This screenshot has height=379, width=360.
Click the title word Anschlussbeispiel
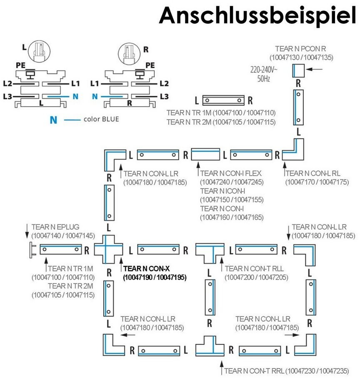point(257,16)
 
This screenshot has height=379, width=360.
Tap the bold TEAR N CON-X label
point(147,269)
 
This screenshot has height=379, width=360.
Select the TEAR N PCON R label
point(300,49)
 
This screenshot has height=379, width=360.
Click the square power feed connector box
point(298,70)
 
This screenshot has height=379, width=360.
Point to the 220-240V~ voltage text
point(264,70)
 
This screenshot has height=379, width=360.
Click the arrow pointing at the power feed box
point(314,69)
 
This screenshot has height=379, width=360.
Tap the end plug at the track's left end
point(32,250)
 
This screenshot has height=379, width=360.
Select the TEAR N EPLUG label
point(55,227)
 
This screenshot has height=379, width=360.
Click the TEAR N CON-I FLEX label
point(231,173)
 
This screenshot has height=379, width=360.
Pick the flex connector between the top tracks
point(205,154)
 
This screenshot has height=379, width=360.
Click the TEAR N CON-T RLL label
point(254,269)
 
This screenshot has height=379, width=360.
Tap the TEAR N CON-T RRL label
point(254,371)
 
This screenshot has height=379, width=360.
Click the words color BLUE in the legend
point(101,119)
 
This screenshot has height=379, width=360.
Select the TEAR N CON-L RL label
point(313,173)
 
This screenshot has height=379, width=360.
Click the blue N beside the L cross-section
point(75,97)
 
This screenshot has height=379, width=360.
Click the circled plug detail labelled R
point(129,54)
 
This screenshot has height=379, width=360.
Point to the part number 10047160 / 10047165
point(232,217)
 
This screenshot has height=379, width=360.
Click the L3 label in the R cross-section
point(164,97)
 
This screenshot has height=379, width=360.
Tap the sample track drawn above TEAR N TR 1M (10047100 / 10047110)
point(223,100)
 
